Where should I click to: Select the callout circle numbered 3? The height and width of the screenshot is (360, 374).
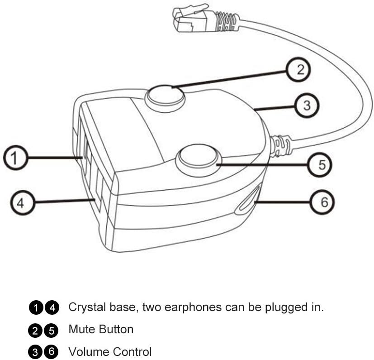307,106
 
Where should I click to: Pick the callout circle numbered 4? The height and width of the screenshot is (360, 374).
20,203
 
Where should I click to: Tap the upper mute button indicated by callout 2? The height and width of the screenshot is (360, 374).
165,96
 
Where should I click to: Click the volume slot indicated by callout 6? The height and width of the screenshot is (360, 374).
247,200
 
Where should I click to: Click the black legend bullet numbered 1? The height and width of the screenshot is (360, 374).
36,308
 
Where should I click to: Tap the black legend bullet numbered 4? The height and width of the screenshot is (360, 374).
52,308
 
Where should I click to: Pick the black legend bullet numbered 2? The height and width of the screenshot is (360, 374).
36,330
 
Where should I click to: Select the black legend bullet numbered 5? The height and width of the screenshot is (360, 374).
52,330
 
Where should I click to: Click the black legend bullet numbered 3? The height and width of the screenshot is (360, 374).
36,352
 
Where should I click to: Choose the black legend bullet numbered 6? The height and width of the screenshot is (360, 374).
52,352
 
